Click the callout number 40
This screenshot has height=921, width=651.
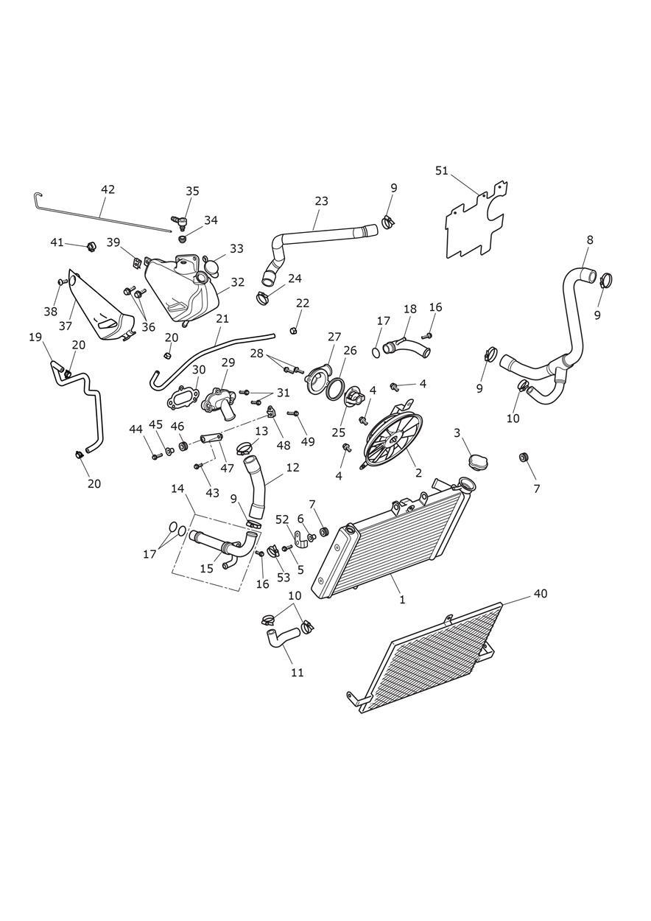[541, 593]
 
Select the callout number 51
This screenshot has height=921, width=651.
[442, 171]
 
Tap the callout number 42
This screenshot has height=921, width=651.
[108, 189]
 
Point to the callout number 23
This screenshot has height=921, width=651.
[321, 201]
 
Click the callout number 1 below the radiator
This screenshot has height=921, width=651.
[402, 600]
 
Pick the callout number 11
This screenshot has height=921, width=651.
[297, 672]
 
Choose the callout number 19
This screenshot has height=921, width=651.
[35, 337]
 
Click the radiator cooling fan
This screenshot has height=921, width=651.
[393, 441]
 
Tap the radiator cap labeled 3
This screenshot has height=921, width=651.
[478, 460]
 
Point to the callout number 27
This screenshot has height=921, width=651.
[334, 337]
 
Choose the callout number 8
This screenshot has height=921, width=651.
[590, 239]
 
